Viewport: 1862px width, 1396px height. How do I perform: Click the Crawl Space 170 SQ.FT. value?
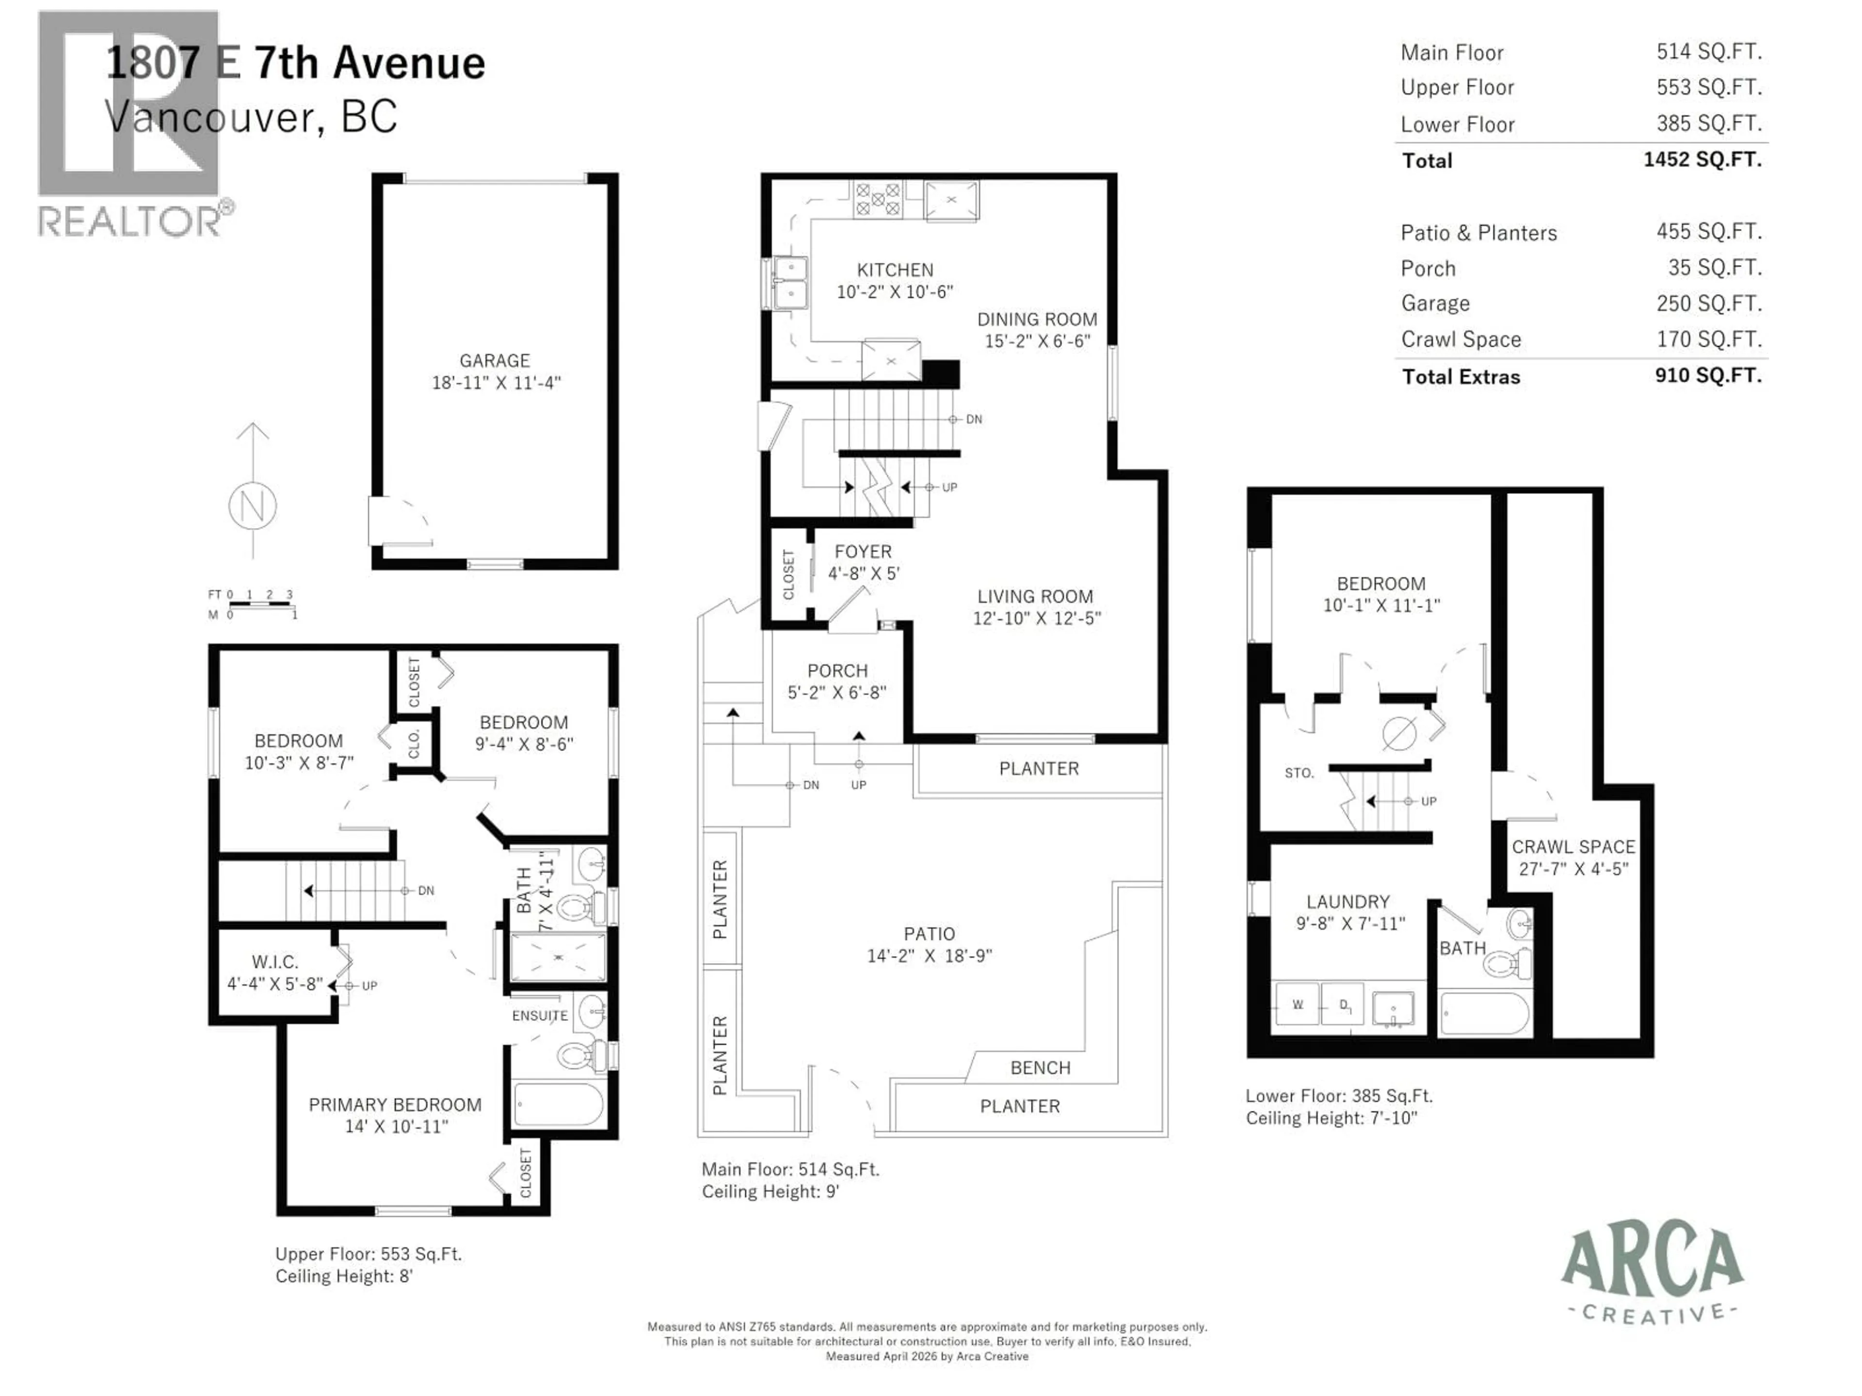(1709, 339)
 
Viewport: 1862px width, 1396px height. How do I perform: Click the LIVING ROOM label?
(1035, 597)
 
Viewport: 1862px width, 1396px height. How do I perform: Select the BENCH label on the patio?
(1041, 1068)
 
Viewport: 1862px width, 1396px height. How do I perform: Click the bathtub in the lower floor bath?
(1485, 1015)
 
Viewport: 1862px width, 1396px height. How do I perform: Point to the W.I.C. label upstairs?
(274, 962)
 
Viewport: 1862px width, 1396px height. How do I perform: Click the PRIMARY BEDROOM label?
(395, 1105)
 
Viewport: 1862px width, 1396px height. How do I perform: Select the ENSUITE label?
(540, 1015)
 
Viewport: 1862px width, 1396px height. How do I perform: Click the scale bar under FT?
(261, 604)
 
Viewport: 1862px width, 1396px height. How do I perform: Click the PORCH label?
(837, 671)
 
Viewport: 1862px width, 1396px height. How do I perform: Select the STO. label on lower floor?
(1299, 773)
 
